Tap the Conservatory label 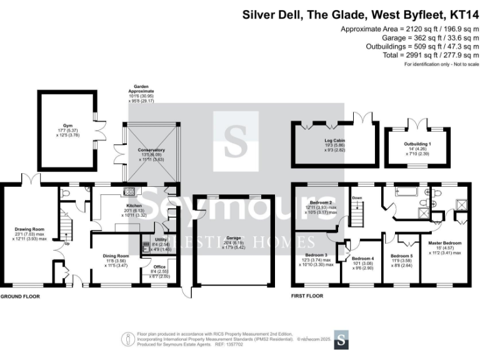pos(152,150)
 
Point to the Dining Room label pos(116,256)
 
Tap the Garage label pos(233,238)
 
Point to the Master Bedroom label pos(444,242)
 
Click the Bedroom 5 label pos(402,256)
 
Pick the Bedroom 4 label pos(362,259)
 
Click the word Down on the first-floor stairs pos(357,198)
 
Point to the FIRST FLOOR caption pos(307,296)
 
